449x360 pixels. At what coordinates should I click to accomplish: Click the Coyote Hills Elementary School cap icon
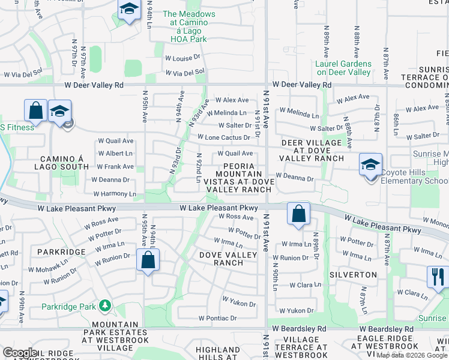tap(370, 164)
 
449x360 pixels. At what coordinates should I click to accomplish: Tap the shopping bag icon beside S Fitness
tap(35, 111)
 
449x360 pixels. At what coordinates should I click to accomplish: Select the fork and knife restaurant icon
tap(437, 277)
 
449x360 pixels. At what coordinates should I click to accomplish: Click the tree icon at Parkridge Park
tap(105, 306)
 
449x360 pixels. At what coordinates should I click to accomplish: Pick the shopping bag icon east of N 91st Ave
tap(298, 214)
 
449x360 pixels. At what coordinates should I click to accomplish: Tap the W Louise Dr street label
tap(182, 58)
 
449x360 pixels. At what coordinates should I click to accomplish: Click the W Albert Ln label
tap(118, 154)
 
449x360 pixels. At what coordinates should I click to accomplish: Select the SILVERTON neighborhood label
tap(353, 275)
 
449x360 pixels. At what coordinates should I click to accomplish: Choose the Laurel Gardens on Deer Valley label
tap(344, 68)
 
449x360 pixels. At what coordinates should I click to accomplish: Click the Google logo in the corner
tap(20, 353)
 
